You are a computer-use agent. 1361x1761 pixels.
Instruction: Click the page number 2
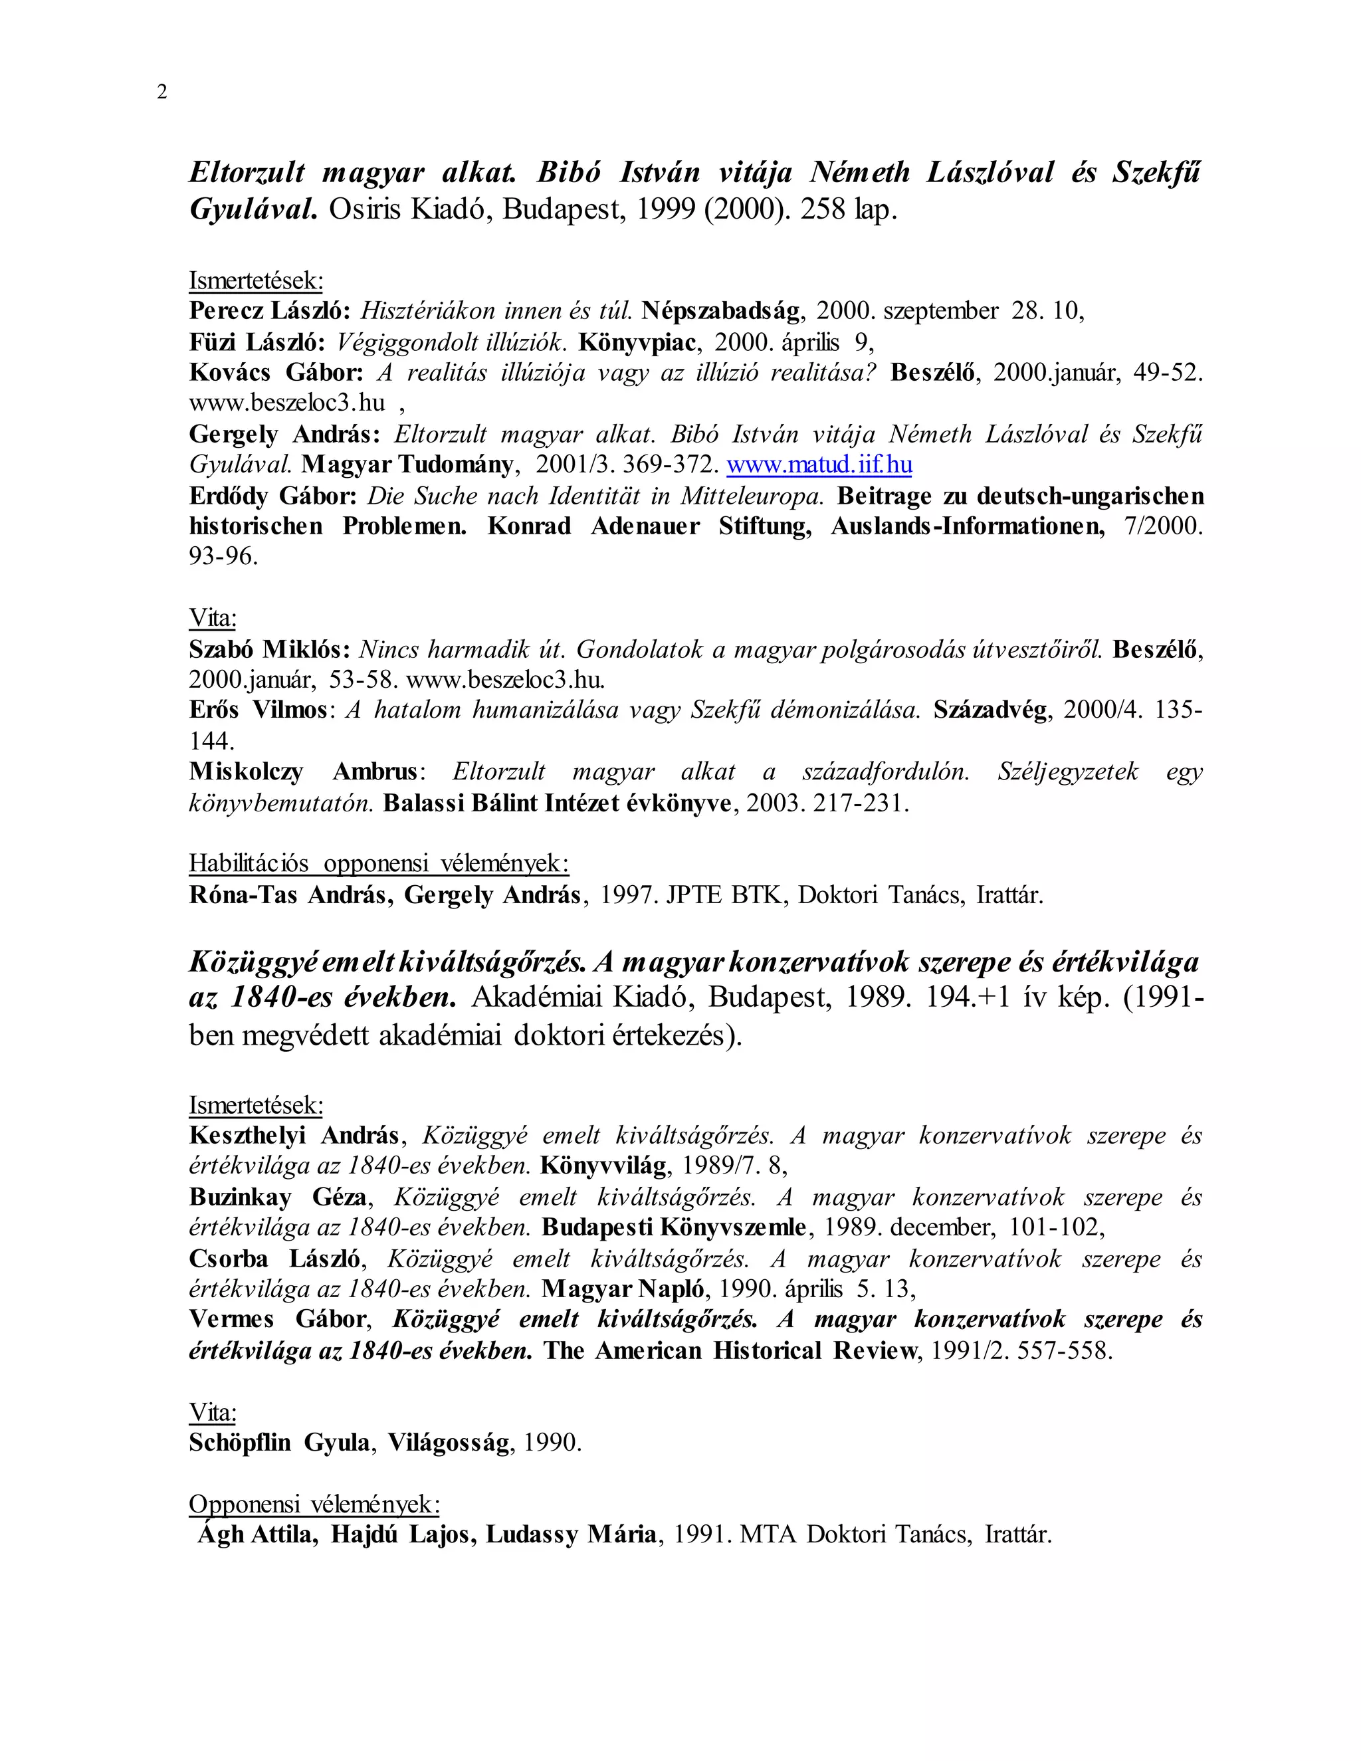pos(162,92)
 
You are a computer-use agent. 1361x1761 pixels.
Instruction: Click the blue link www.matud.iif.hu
pos(819,465)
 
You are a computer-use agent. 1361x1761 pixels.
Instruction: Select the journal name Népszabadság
pos(722,311)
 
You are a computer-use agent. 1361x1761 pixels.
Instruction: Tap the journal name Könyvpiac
pos(637,342)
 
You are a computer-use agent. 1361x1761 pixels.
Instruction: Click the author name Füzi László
pos(257,342)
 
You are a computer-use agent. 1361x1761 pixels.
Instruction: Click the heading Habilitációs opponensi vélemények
pos(379,864)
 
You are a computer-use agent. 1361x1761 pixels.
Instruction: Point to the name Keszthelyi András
pos(294,1135)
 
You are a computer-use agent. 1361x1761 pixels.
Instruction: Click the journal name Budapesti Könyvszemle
pos(674,1227)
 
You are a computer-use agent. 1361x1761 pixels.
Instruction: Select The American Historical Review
pos(730,1350)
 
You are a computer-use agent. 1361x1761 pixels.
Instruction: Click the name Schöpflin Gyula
pos(279,1443)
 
